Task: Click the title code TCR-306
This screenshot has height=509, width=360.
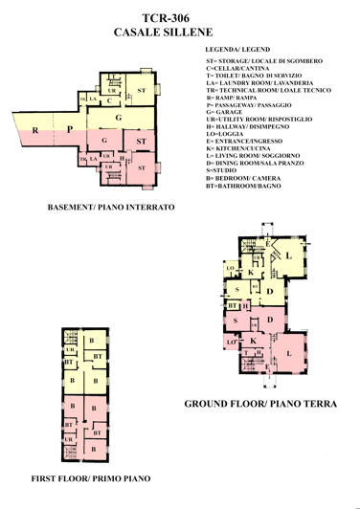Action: pyautogui.click(x=180, y=17)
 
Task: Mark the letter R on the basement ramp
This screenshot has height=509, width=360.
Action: pyautogui.click(x=34, y=128)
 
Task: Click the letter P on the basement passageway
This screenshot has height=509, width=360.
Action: pyautogui.click(x=70, y=128)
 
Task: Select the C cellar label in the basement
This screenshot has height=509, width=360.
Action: pyautogui.click(x=110, y=100)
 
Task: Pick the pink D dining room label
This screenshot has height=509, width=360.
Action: pyautogui.click(x=271, y=319)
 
